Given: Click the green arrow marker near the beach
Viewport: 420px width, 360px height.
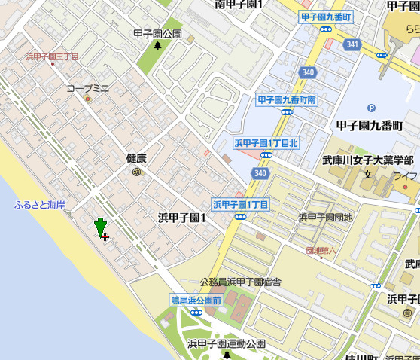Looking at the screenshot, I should (x=100, y=227).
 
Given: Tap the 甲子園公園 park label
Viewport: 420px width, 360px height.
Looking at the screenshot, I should (x=157, y=34).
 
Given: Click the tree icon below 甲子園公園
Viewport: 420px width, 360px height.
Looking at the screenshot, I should (x=157, y=45).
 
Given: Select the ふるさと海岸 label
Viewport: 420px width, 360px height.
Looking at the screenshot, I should (x=39, y=205).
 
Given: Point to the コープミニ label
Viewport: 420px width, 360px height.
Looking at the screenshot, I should (x=87, y=88).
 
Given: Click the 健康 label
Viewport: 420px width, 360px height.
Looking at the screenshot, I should (x=136, y=158).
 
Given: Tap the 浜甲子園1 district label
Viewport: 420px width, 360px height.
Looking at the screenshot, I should (x=182, y=217).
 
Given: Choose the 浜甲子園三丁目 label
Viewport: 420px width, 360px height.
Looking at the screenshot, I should (x=53, y=56).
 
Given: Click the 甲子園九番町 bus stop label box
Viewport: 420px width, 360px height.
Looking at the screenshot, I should (x=326, y=17).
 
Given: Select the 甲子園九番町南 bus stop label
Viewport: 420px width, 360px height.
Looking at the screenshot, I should (x=287, y=99).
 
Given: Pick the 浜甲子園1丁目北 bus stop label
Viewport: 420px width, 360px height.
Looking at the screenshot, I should (x=266, y=142).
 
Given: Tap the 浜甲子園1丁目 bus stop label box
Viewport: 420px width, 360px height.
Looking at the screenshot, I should (x=240, y=204).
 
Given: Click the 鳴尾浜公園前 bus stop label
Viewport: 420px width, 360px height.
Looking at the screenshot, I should (x=196, y=300).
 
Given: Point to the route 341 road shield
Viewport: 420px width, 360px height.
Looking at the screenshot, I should (x=352, y=45).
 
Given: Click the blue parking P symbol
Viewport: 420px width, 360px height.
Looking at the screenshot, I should (x=370, y=108).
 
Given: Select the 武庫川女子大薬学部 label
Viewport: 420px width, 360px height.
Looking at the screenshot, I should (x=368, y=160).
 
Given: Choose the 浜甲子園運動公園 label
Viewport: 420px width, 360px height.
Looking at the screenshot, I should (x=227, y=343).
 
